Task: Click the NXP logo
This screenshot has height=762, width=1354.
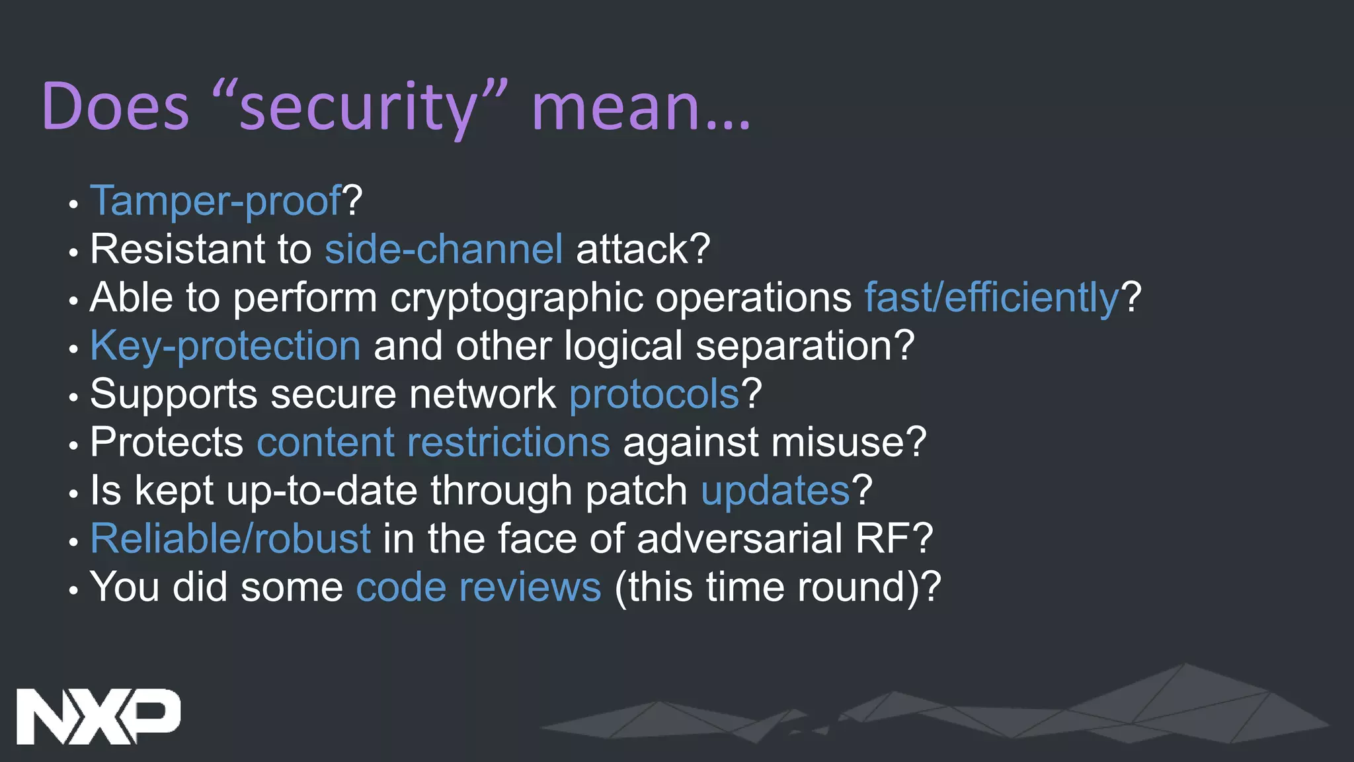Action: tap(98, 716)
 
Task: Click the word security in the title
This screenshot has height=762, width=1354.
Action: tap(357, 107)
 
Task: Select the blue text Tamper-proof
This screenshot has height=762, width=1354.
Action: tap(216, 200)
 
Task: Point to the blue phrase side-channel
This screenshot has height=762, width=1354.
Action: tap(444, 249)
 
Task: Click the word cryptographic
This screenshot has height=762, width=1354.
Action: tap(516, 298)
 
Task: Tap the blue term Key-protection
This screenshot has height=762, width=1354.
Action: tap(225, 346)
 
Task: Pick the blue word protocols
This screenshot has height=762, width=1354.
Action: tap(654, 394)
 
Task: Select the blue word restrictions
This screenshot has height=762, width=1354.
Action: tap(508, 443)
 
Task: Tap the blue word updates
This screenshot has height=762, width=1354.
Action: tap(775, 491)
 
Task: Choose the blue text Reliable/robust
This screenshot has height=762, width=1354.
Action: tap(230, 539)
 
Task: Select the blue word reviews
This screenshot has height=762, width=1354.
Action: tap(530, 587)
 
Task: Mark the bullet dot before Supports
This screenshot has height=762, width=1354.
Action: tap(73, 398)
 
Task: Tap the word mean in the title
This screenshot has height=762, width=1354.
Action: tap(615, 107)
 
